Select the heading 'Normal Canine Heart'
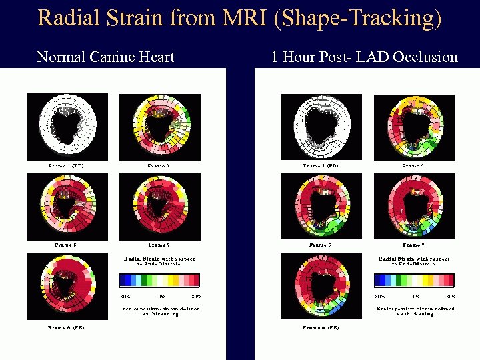click(105, 57)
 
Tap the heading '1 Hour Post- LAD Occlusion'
click(364, 57)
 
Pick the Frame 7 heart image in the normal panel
click(159, 207)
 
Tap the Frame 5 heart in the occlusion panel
click(321, 207)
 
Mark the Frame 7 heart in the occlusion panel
click(414, 207)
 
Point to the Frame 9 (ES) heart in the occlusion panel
click(321, 285)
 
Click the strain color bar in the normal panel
click(159, 280)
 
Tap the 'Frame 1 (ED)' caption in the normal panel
click(65, 165)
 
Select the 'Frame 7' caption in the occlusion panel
click(413, 245)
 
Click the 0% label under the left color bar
click(161, 295)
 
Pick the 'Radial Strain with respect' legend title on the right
click(414, 259)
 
